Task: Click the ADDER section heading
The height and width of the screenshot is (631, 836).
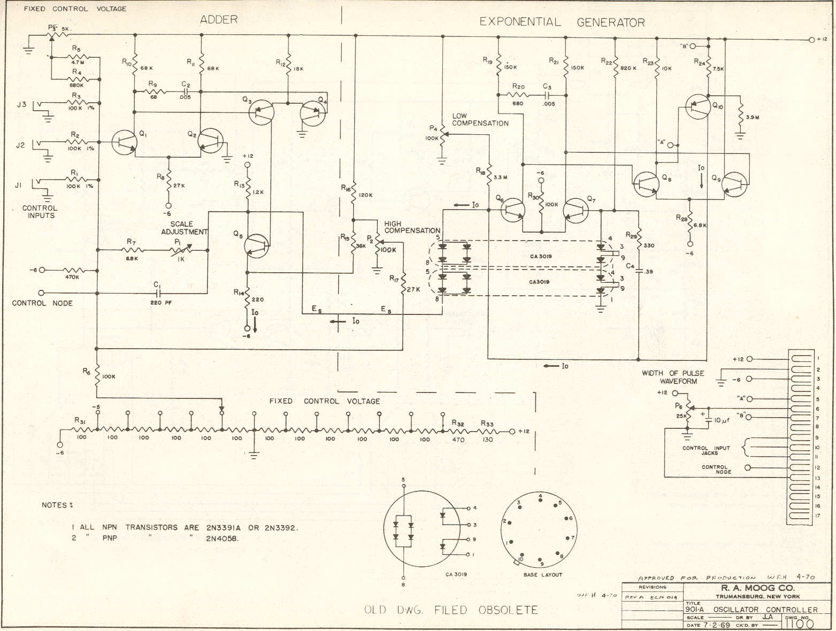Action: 218,20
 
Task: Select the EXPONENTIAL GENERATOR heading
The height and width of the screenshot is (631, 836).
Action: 562,22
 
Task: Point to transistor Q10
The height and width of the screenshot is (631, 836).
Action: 699,107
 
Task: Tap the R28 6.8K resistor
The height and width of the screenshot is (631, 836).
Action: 691,221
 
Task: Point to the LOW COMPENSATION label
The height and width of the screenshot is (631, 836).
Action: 480,120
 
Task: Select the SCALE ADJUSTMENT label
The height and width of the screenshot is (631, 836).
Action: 184,228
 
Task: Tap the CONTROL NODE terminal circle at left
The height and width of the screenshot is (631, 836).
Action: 42,293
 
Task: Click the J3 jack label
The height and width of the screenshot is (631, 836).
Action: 21,104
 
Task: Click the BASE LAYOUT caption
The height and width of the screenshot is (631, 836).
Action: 542,574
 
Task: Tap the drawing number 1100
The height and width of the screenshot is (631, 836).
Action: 800,624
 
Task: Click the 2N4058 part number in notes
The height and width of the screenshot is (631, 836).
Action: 223,538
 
